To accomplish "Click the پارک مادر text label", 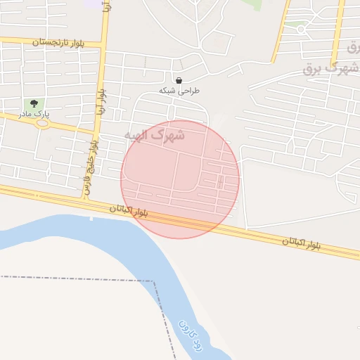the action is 34,114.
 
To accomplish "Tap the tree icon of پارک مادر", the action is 34,103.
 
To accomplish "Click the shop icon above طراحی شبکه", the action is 179,80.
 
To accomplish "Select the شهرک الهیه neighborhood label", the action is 154,135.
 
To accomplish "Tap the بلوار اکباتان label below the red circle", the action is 129,209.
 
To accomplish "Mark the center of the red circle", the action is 180,179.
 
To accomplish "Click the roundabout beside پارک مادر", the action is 42,124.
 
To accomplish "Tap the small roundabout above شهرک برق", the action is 302,30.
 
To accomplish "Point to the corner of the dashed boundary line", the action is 153,281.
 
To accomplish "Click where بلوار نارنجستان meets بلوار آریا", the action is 103,46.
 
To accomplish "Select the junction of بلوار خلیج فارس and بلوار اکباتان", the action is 86,198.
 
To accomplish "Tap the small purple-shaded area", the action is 92,3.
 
